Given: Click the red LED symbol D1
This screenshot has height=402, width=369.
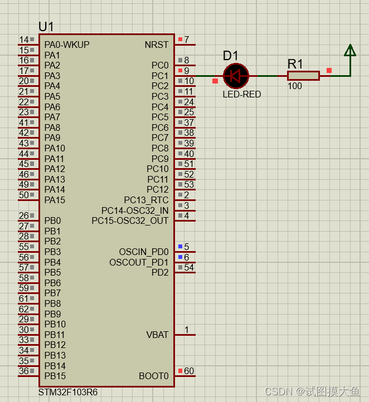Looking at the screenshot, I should pyautogui.click(x=236, y=76).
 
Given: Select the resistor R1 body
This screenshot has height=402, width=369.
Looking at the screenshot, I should pyautogui.click(x=303, y=76).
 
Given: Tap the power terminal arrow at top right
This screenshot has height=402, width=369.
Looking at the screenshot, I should pyautogui.click(x=349, y=51).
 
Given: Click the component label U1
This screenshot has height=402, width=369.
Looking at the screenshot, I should pyautogui.click(x=46, y=27).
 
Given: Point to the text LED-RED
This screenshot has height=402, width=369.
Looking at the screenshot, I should pyautogui.click(x=241, y=94).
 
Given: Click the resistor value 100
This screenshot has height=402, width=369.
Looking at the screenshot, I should pyautogui.click(x=295, y=86).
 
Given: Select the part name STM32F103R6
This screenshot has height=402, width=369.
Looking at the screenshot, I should pyautogui.click(x=68, y=392).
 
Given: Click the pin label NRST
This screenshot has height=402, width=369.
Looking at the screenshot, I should pyautogui.click(x=156, y=45).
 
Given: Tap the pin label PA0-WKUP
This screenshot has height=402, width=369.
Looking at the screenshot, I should pyautogui.click(x=67, y=45).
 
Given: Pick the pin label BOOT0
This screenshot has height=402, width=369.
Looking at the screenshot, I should pyautogui.click(x=153, y=376).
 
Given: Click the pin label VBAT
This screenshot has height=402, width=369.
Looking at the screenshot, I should pyautogui.click(x=157, y=335).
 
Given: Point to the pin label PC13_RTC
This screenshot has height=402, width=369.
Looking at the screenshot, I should pyautogui.click(x=146, y=200).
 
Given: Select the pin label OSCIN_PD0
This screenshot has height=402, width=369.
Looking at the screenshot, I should pyautogui.click(x=143, y=252).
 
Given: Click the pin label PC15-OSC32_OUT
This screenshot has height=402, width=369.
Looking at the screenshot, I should pyautogui.click(x=130, y=220).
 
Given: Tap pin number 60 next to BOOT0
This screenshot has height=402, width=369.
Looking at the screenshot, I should pyautogui.click(x=189, y=371).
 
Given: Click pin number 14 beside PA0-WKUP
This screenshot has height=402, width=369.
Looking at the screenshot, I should pyautogui.click(x=24, y=40).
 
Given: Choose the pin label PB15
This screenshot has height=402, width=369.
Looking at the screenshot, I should pyautogui.click(x=55, y=376).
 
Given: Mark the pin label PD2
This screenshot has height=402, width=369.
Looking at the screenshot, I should pyautogui.click(x=160, y=272).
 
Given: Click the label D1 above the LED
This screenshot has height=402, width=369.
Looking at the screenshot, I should pyautogui.click(x=231, y=56).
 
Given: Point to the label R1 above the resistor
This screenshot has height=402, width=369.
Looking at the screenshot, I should pyautogui.click(x=295, y=63).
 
